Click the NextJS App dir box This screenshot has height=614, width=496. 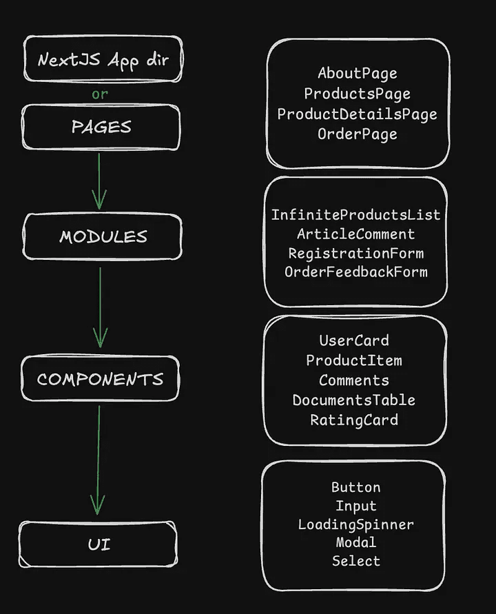[x=102, y=59]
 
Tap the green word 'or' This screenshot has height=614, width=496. [x=100, y=94]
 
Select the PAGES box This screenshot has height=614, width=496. [x=101, y=127]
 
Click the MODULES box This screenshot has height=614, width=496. [x=103, y=236]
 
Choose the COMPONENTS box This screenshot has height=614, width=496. [x=100, y=378]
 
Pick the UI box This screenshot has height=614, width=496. [x=99, y=544]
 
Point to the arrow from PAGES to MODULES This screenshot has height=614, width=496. [x=99, y=181]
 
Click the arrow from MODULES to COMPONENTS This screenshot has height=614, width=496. [x=101, y=307]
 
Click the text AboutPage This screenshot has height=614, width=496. [x=357, y=73]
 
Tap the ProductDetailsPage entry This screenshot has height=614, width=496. [x=357, y=114]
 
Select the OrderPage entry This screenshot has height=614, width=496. [x=357, y=134]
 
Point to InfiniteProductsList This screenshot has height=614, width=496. [x=355, y=214]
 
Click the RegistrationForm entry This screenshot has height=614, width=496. [x=355, y=253]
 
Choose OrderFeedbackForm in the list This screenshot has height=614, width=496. [x=355, y=272]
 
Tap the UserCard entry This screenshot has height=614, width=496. [x=354, y=340]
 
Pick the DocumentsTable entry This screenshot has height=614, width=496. [x=354, y=400]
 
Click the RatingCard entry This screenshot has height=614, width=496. [x=354, y=420]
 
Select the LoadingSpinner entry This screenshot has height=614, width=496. [x=355, y=524]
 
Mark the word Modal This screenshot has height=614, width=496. [x=355, y=542]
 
